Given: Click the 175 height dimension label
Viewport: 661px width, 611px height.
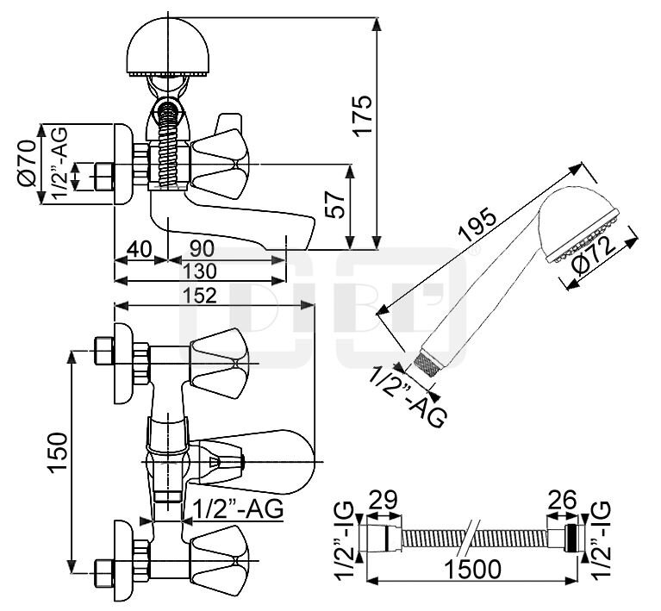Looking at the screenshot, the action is click(363, 115).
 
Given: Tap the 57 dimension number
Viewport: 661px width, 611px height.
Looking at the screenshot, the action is click(337, 204).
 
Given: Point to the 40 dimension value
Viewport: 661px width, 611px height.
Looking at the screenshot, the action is click(139, 249).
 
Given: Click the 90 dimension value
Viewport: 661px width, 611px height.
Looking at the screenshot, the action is click(202, 249).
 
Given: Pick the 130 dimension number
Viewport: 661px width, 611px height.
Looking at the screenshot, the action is click(200, 271).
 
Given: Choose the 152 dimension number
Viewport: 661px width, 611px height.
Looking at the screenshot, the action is click(200, 296).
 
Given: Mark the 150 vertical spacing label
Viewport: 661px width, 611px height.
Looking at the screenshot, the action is click(58, 452).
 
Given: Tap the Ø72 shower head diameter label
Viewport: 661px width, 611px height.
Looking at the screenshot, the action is click(595, 257).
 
